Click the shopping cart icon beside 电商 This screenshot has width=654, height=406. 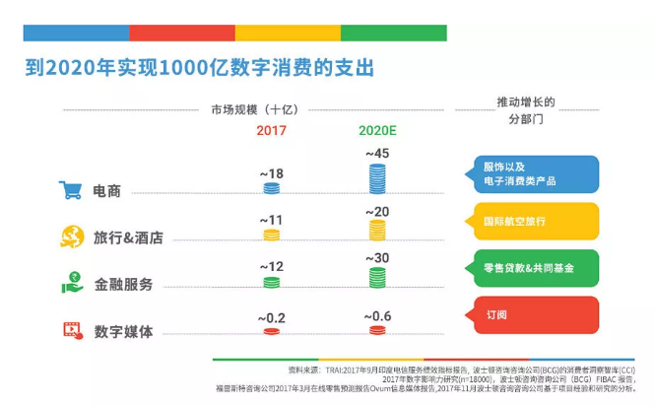69,190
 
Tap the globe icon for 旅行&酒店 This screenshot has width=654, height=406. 70,237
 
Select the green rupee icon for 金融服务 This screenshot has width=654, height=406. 70,284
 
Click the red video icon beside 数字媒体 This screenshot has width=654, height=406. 70,330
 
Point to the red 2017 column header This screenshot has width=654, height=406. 272,131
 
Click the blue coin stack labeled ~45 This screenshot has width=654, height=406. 376,178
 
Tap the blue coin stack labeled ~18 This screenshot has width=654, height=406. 271,189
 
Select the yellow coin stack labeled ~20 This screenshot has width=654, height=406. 376,231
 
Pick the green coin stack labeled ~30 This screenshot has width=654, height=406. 376,277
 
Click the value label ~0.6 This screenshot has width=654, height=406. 377,315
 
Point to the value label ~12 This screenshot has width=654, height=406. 271,266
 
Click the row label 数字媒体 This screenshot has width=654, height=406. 123,332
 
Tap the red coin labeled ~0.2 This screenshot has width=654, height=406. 271,331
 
